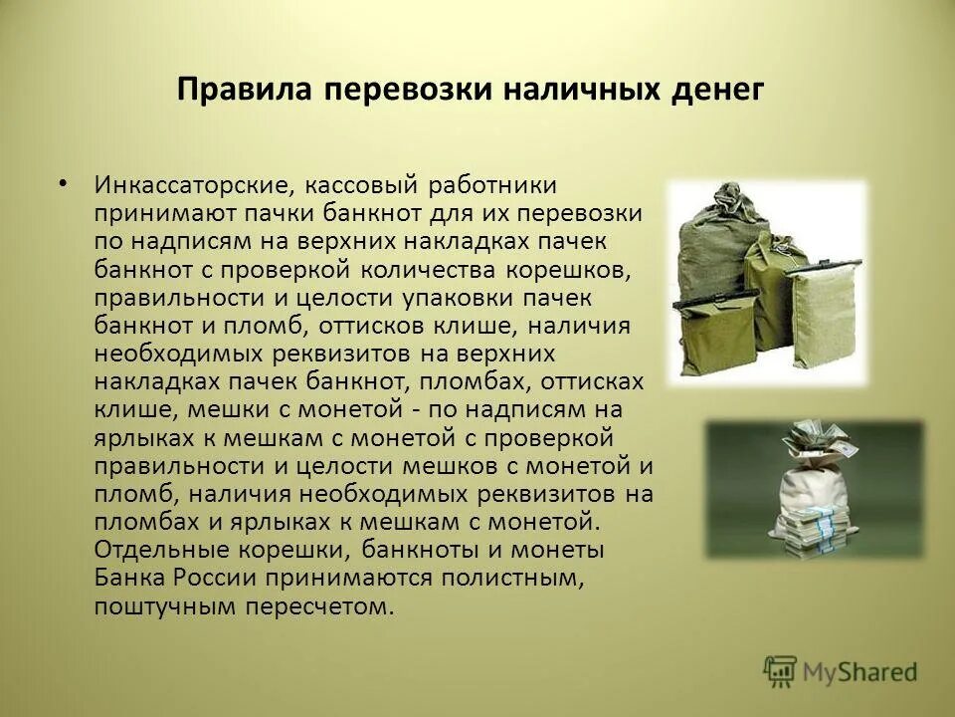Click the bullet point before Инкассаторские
[65, 183]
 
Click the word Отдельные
[153, 550]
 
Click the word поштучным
[156, 605]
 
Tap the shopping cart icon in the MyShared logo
[781, 671]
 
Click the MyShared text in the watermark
[861, 672]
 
